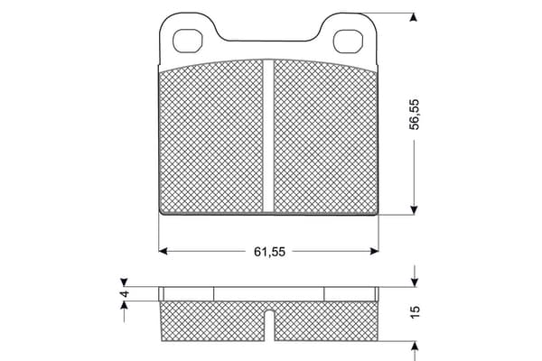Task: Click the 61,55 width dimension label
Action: pos(269,252)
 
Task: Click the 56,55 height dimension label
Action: pos(414,115)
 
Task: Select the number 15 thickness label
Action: pos(415,311)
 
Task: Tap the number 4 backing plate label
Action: pos(124,294)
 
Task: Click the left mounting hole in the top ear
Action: pos(187,41)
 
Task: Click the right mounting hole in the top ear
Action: pos(348,42)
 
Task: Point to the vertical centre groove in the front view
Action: pos(268,135)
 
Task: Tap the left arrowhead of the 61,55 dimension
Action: pos(163,251)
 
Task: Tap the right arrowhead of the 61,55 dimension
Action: pos(374,251)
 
